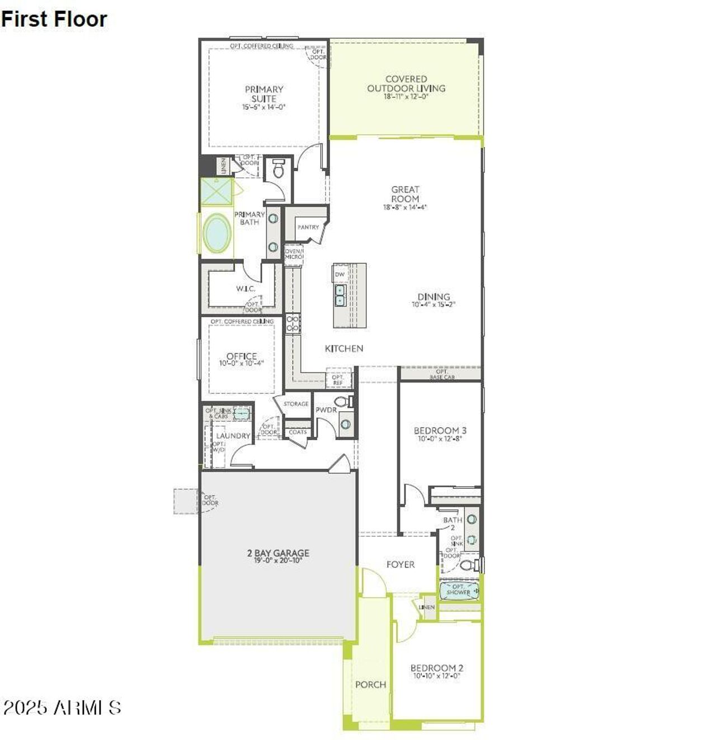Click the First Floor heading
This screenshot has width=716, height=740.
tap(54, 19)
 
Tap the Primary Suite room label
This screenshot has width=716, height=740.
tap(264, 93)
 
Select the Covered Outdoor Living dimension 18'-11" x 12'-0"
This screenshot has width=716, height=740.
tap(406, 97)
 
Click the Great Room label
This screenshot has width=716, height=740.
tap(405, 194)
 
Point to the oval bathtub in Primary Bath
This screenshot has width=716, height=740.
tap(217, 234)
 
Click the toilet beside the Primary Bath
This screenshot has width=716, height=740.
tap(277, 167)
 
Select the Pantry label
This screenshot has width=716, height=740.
tap(308, 227)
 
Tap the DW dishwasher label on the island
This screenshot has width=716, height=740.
tap(340, 275)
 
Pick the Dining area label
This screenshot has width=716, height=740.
tap(434, 296)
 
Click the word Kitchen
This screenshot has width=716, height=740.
tap(344, 348)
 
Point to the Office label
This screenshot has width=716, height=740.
tap(242, 356)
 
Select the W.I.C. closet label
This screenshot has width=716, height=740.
tap(245, 289)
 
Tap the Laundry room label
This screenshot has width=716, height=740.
tap(233, 436)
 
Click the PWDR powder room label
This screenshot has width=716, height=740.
tap(326, 410)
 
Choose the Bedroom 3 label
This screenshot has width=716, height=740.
tap(440, 430)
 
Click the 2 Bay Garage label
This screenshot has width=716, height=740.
tap(278, 553)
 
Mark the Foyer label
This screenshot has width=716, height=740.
tap(401, 564)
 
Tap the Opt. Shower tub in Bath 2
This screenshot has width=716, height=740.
tap(459, 590)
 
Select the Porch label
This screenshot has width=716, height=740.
tap(370, 684)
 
